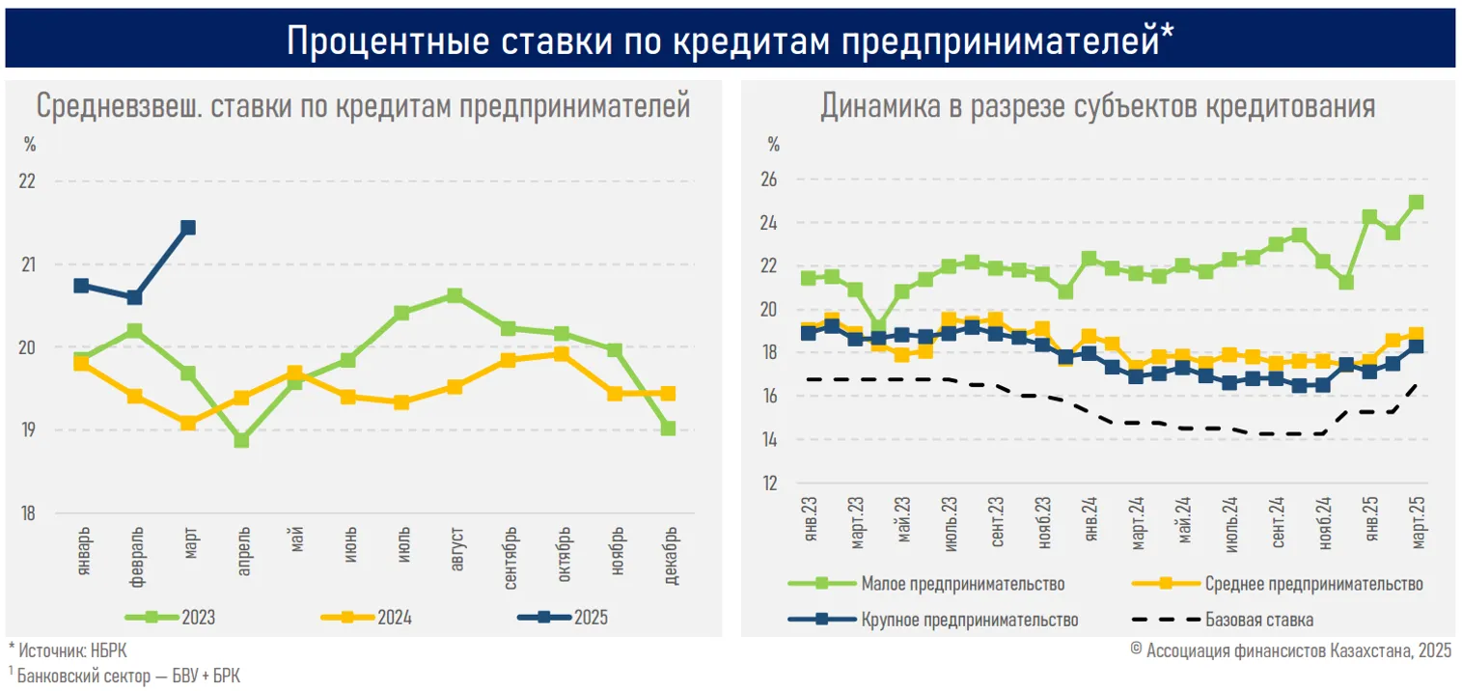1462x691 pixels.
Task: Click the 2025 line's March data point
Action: pos(188,228)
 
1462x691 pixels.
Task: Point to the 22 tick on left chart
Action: pos(28,181)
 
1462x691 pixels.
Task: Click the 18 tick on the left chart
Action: pos(28,513)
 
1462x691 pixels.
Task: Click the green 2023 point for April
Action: pos(242,440)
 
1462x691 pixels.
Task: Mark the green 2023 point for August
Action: pos(455,295)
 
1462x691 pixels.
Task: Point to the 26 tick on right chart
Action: pos(770,180)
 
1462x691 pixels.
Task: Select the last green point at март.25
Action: pos(1417,202)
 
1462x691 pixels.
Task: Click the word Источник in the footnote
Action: pos(49,651)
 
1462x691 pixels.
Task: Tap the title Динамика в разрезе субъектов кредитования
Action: pos(1097,106)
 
